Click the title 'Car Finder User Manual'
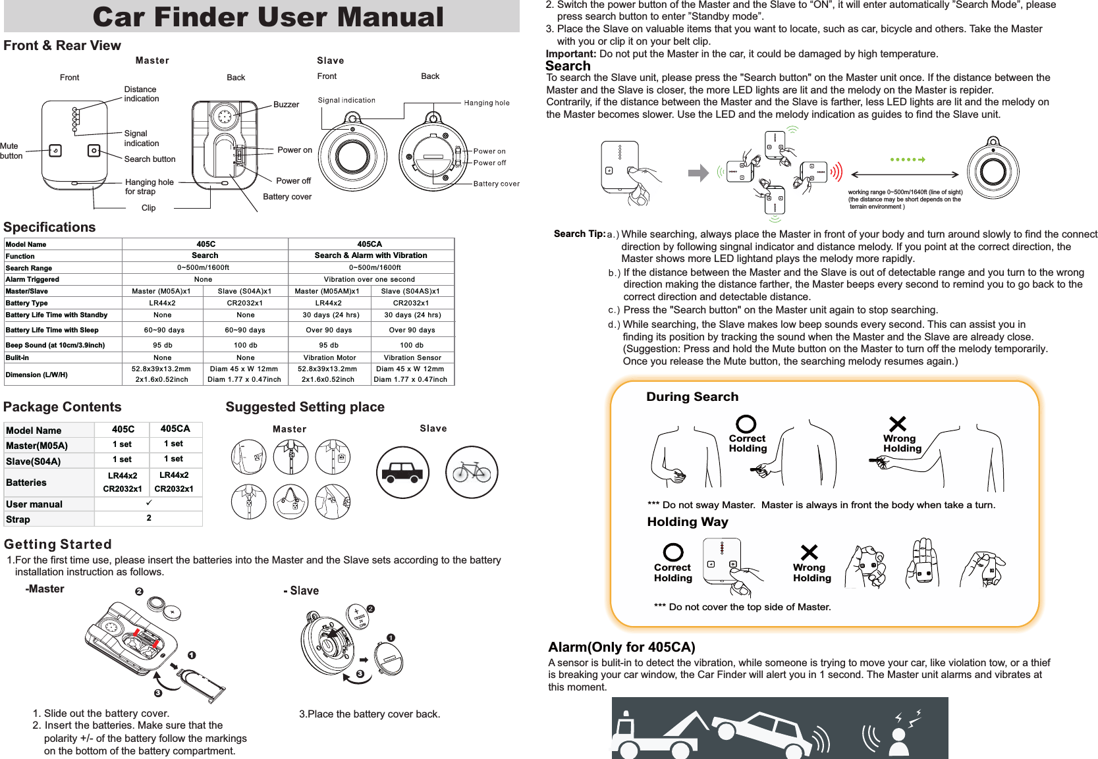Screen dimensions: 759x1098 pos(268,17)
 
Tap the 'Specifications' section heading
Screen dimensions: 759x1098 pos(49,227)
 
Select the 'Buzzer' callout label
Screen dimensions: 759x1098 pos(286,105)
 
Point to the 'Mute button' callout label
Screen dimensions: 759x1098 pos(11,151)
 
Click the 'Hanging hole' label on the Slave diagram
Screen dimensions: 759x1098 pos(486,103)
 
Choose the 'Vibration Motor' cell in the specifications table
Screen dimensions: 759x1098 pos(329,357)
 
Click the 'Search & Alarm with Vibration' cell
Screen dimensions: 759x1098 pos(370,255)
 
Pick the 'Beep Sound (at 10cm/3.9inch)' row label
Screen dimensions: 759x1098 pos(55,345)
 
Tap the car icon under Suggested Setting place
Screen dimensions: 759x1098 pos(402,472)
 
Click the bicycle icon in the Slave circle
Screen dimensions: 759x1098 pos(472,472)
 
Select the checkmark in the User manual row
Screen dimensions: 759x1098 pos(149,503)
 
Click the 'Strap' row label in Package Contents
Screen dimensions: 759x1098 pos(18,519)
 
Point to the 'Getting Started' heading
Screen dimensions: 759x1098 pos(58,544)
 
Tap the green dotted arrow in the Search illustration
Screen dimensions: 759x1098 pos(907,159)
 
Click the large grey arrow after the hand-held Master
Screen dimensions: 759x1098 pos(698,173)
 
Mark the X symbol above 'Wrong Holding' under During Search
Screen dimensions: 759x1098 pos(897,423)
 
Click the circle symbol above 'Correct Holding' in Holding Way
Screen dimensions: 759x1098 pos(673,552)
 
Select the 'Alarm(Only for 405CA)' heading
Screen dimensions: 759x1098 pos(621,647)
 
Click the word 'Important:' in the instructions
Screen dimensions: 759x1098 pos(571,54)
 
